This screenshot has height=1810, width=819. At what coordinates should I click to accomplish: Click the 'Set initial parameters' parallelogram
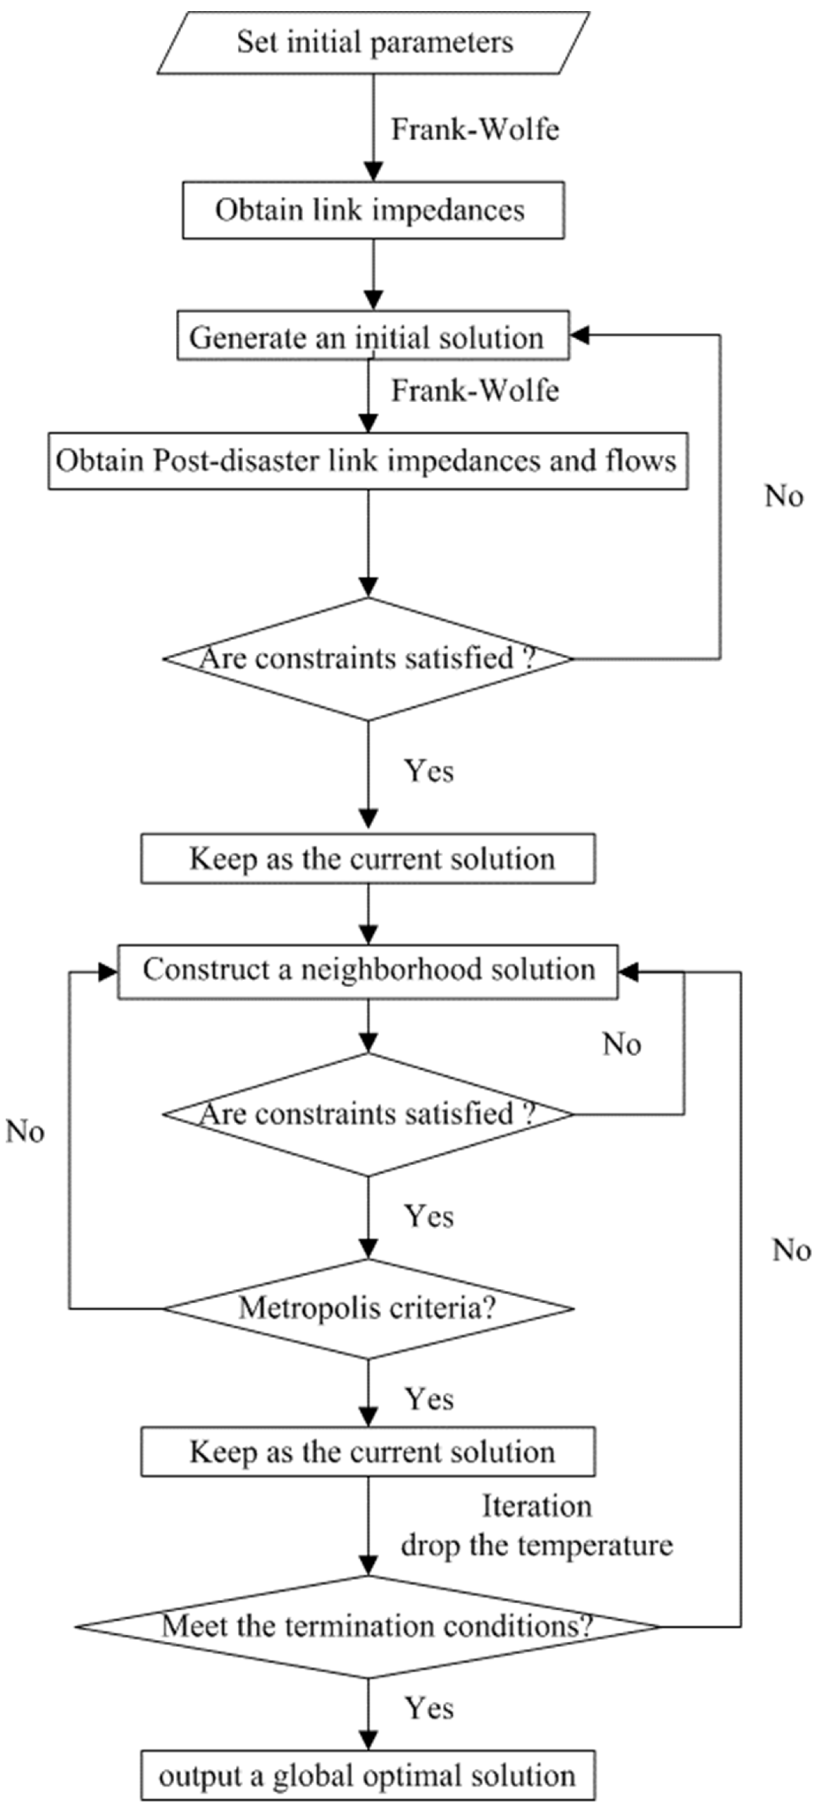point(373,42)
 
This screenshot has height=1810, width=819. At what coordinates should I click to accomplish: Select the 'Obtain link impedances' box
point(373,210)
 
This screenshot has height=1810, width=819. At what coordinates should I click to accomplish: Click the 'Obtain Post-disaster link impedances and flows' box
point(367,461)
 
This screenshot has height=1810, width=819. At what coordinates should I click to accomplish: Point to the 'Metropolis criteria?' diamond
point(367,1308)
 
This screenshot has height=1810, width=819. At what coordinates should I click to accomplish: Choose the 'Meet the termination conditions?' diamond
point(367,1626)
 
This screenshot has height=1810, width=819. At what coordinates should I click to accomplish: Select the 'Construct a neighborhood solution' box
point(367,970)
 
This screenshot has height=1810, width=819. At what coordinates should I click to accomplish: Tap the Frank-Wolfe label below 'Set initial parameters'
point(476,129)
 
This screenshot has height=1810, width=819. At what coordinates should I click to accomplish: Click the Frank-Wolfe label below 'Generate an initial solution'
point(476,391)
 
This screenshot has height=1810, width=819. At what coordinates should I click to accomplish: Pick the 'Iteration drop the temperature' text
point(536,1526)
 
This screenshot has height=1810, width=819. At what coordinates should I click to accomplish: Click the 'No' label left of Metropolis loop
point(25,1131)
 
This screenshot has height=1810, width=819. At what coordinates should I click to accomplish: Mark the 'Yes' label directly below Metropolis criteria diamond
point(429,1399)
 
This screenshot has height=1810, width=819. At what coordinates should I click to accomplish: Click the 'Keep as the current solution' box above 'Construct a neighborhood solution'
point(367,859)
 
